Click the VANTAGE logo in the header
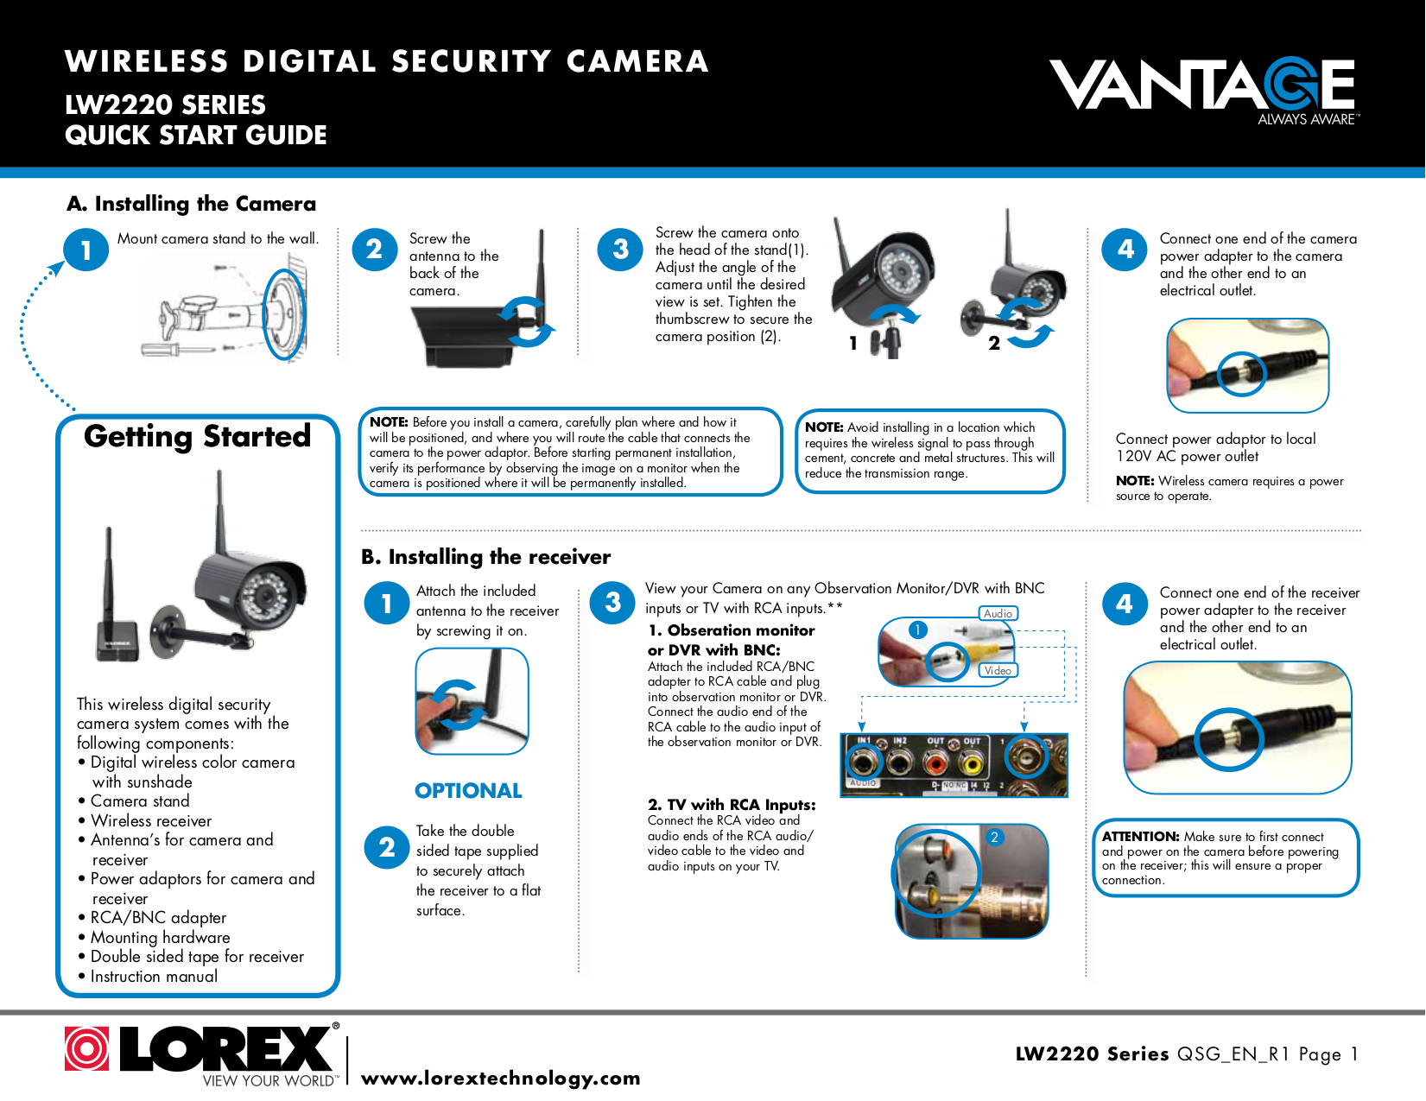tap(1204, 90)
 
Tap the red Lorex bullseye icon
tap(86, 1047)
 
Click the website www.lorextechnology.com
tap(501, 1078)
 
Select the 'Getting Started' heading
tap(197, 436)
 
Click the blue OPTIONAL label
tap(468, 791)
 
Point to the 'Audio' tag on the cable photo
tap(998, 613)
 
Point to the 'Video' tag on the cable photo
tap(998, 670)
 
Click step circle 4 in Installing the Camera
tap(1125, 250)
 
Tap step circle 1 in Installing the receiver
tap(387, 603)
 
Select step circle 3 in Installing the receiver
tap(612, 602)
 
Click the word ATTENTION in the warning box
tap(1140, 837)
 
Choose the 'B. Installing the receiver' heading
tap(485, 557)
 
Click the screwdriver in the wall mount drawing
tap(177, 348)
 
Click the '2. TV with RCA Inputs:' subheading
tap(732, 805)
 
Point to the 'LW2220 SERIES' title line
tap(165, 105)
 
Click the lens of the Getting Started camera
tap(265, 597)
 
